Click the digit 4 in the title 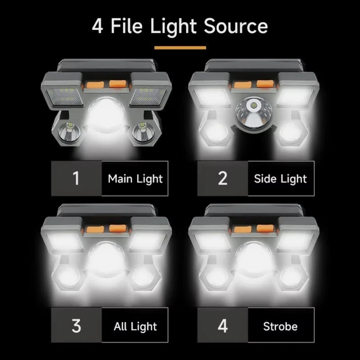[x=97, y=27]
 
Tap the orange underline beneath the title [x=180, y=47]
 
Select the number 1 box [x=76, y=178]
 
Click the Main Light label [x=135, y=178]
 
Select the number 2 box [x=222, y=178]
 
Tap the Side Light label [x=280, y=178]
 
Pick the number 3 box [x=76, y=326]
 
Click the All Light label [x=135, y=326]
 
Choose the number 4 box [x=222, y=326]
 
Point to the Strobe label [x=280, y=326]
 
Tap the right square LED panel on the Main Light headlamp [x=149, y=96]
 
